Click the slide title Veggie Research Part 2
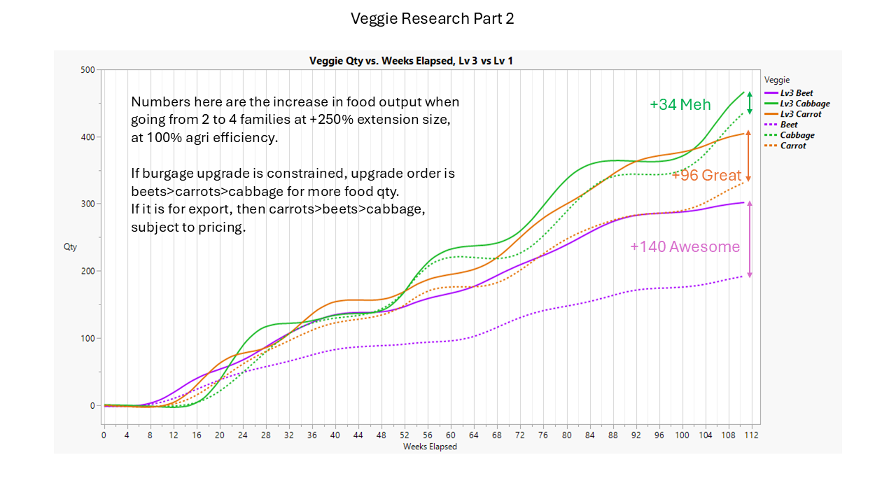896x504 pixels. [432, 19]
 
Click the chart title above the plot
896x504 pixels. [412, 61]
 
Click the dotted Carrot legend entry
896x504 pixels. [793, 146]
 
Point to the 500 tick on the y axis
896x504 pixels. [87, 70]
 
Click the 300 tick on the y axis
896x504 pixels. [87, 204]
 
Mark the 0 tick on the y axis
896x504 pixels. [92, 405]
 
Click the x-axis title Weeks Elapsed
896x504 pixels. [430, 447]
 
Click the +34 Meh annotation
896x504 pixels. [680, 105]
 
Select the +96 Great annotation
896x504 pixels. [706, 175]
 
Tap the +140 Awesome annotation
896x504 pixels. [685, 246]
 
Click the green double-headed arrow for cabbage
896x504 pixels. [750, 103]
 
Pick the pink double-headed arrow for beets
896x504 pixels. [750, 239]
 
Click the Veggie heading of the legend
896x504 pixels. [777, 80]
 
